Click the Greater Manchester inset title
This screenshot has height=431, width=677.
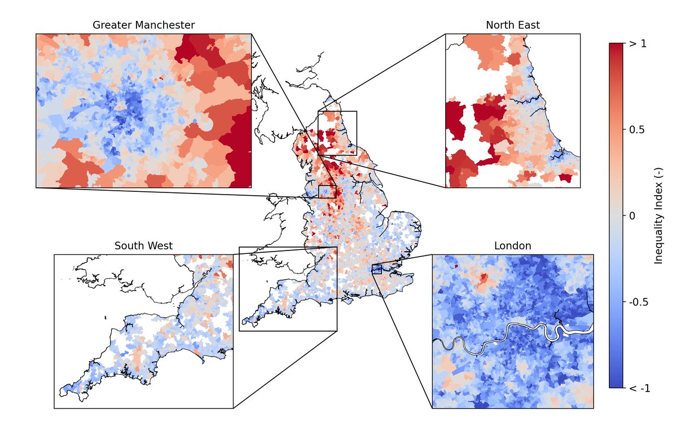(144, 25)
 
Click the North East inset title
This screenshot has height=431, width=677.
(512, 25)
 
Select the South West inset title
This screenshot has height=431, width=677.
(143, 246)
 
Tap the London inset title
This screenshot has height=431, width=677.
(512, 246)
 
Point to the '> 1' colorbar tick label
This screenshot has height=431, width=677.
(638, 43)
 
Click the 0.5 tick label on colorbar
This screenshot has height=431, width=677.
(638, 130)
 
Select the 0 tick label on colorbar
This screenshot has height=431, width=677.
(632, 215)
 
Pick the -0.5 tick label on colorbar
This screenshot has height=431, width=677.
(639, 302)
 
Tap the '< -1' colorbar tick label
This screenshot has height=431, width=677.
(639, 388)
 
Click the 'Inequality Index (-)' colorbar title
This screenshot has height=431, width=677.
(658, 216)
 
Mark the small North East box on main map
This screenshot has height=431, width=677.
(337, 133)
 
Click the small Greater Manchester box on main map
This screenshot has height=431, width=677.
(327, 191)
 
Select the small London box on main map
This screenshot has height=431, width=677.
(377, 269)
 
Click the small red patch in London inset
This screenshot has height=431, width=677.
(483, 278)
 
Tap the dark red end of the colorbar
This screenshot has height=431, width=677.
(616, 47)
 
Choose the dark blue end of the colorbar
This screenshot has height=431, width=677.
(616, 384)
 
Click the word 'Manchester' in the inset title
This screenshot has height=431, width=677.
(168, 25)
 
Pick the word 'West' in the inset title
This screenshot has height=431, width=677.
(161, 246)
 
